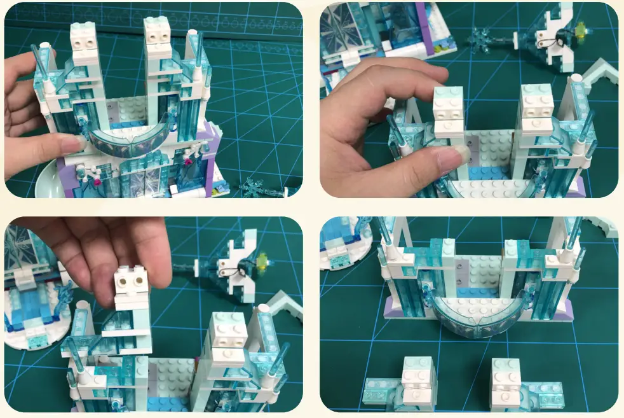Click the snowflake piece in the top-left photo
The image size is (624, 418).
pyautogui.click(x=252, y=186)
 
